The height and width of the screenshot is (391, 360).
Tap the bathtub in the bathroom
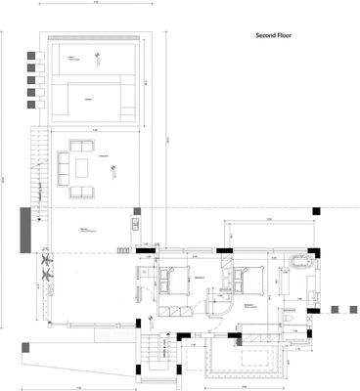tap(297, 263)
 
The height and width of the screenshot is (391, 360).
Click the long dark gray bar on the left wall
tap(23, 229)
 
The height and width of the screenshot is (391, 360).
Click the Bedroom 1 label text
tap(200, 278)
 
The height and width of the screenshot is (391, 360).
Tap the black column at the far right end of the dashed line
tap(315, 210)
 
